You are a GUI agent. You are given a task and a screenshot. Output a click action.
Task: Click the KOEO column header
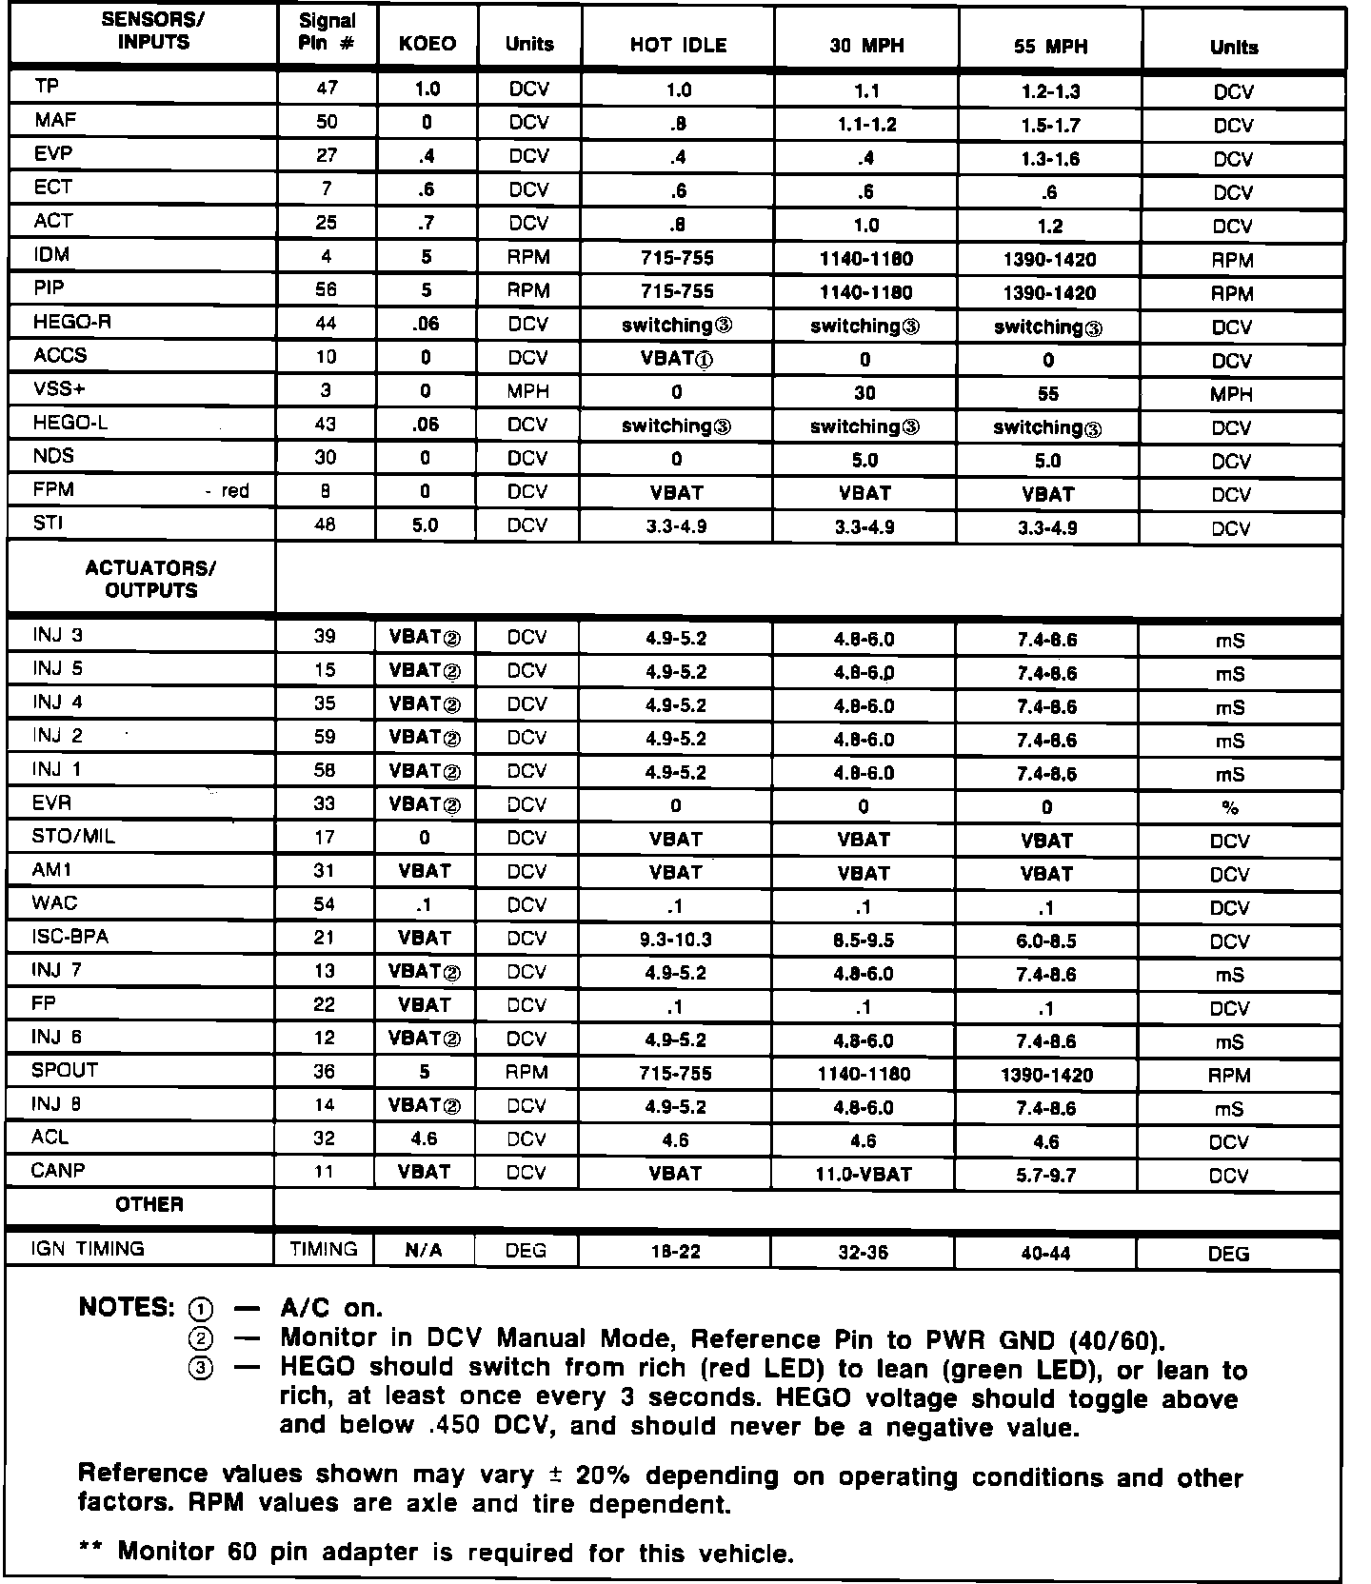(427, 44)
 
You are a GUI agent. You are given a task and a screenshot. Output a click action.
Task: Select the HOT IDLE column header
(678, 45)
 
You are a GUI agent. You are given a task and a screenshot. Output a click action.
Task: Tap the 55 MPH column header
(1050, 46)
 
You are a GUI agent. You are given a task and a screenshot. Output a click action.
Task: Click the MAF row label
(55, 120)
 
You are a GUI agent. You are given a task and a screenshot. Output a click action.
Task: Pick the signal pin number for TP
(326, 88)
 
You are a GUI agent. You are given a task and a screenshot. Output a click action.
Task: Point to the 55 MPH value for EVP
(1047, 159)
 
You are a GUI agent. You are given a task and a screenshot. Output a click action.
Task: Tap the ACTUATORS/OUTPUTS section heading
(150, 579)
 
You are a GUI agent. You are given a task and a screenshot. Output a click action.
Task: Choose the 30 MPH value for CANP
(864, 1175)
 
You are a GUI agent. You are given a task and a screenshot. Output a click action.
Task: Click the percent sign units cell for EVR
(1230, 808)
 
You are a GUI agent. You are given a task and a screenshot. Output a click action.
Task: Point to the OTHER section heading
(149, 1204)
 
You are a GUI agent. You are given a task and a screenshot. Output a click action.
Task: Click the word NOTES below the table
(124, 1307)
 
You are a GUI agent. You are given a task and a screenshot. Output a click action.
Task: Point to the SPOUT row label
(65, 1070)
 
